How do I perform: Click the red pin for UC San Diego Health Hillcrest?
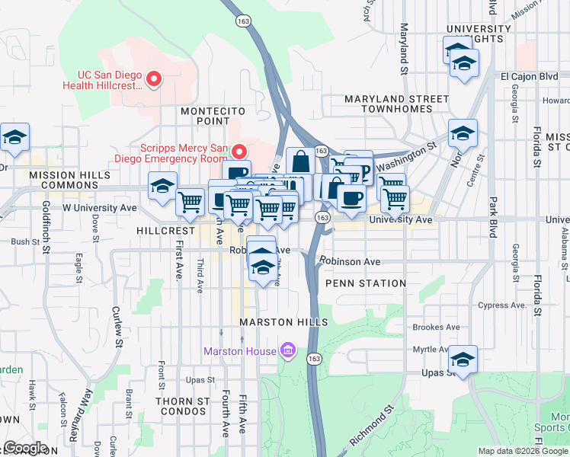(x=154, y=79)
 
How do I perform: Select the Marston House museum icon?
(x=287, y=350)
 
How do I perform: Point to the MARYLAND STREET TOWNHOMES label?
(x=396, y=104)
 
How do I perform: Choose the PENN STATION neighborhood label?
(x=366, y=283)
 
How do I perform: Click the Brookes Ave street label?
(x=436, y=328)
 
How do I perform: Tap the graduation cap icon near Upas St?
(x=463, y=359)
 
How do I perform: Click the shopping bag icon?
(x=300, y=161)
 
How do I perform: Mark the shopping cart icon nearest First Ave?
(x=190, y=202)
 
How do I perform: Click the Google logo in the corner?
(x=26, y=448)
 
